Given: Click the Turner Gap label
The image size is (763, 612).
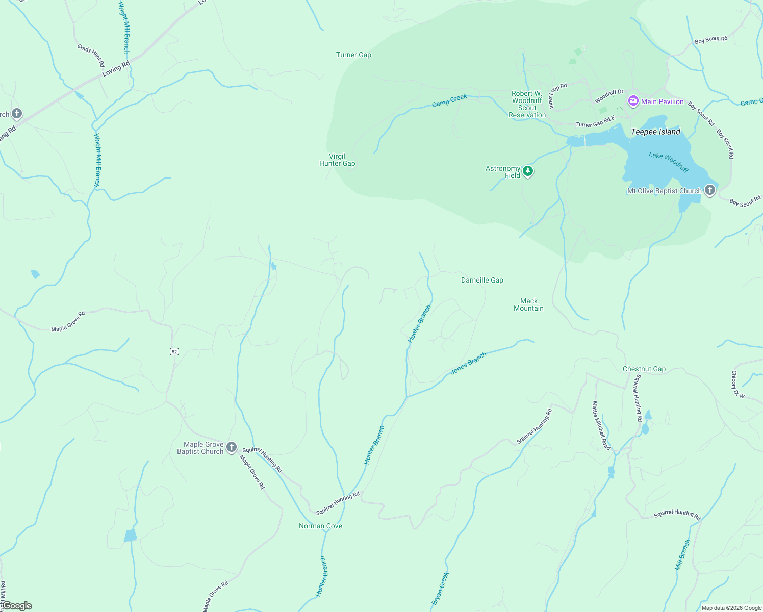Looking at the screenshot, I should [x=353, y=55].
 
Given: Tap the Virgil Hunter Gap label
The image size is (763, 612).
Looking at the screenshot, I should [x=337, y=160].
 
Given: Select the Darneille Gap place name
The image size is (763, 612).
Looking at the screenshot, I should [x=482, y=280].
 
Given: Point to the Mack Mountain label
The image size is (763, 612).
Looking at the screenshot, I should [x=528, y=304].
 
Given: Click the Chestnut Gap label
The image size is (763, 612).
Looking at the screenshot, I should [x=644, y=369].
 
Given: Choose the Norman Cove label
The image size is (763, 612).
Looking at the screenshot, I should [x=320, y=526].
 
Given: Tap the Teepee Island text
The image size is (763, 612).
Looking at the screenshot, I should [x=655, y=132].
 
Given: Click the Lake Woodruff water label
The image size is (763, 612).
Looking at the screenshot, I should [x=669, y=162].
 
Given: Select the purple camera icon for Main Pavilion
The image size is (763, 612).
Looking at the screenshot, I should [x=633, y=101].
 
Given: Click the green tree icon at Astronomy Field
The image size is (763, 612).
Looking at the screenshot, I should [x=528, y=171].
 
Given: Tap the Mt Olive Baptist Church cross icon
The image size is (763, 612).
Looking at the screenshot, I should [x=709, y=190].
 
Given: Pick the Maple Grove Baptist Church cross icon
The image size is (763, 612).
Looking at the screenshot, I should [x=232, y=447].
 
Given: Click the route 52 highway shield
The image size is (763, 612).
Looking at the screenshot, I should [x=174, y=351].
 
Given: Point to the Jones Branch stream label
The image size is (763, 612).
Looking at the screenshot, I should [x=468, y=364].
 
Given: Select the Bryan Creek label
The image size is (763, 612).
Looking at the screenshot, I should [x=440, y=588].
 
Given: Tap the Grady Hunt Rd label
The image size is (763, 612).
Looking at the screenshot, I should [x=91, y=55].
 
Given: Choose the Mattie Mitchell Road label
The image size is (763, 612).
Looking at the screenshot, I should [x=601, y=425].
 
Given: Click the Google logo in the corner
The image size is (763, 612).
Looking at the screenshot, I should [x=17, y=606].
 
